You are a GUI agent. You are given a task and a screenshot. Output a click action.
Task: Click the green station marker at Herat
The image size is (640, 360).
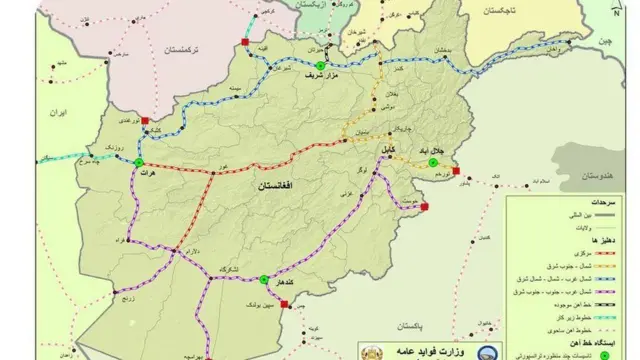[139, 164]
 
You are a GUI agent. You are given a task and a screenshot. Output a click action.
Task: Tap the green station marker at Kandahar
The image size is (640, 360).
[263, 280]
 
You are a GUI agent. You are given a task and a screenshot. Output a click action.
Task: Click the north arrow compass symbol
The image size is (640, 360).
[625, 10]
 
